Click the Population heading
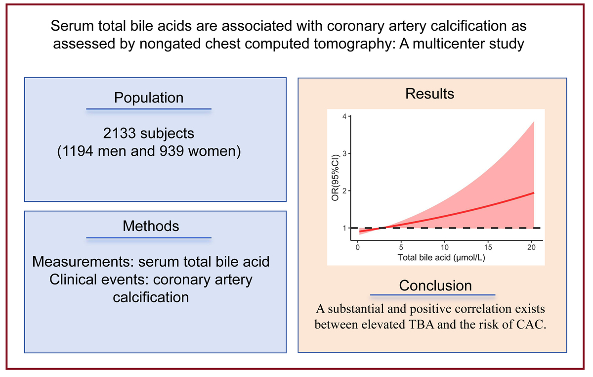coord(149,97)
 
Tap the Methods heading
coord(151,226)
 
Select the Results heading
coord(429,94)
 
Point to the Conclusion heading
coord(435,285)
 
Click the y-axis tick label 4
coord(344,117)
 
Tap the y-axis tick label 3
coord(344,154)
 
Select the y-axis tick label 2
coord(344,191)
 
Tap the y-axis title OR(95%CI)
coord(334,173)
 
